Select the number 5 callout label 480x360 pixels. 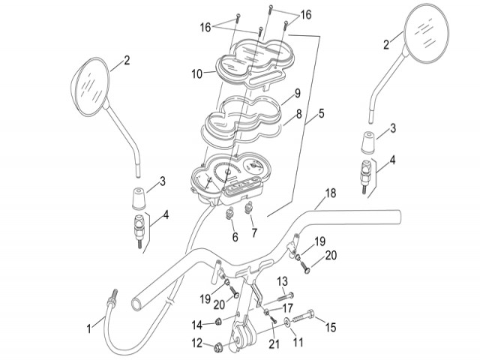(x=321, y=114)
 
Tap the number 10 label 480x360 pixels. (x=196, y=73)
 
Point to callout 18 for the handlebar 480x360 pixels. (x=330, y=193)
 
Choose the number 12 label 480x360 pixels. (x=197, y=345)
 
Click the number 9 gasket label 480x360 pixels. (x=297, y=94)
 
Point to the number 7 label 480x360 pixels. (x=254, y=234)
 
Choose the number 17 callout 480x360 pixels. (x=288, y=307)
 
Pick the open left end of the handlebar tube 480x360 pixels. (x=139, y=302)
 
